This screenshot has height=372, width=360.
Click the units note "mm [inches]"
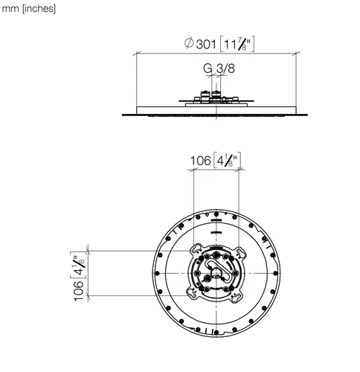click(x=28, y=9)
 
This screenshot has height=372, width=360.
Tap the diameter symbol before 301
click(x=189, y=43)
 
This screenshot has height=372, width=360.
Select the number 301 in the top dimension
click(x=206, y=45)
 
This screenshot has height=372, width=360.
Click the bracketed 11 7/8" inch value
click(x=237, y=44)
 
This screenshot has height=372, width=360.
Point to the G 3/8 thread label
click(x=219, y=68)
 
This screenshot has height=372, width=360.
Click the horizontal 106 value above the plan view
click(x=200, y=161)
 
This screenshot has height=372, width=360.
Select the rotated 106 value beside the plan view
click(x=79, y=291)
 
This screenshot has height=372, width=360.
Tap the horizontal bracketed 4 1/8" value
click(x=227, y=160)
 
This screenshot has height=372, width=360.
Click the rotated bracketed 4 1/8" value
click(x=78, y=265)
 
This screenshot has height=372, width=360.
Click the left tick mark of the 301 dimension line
click(x=137, y=54)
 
